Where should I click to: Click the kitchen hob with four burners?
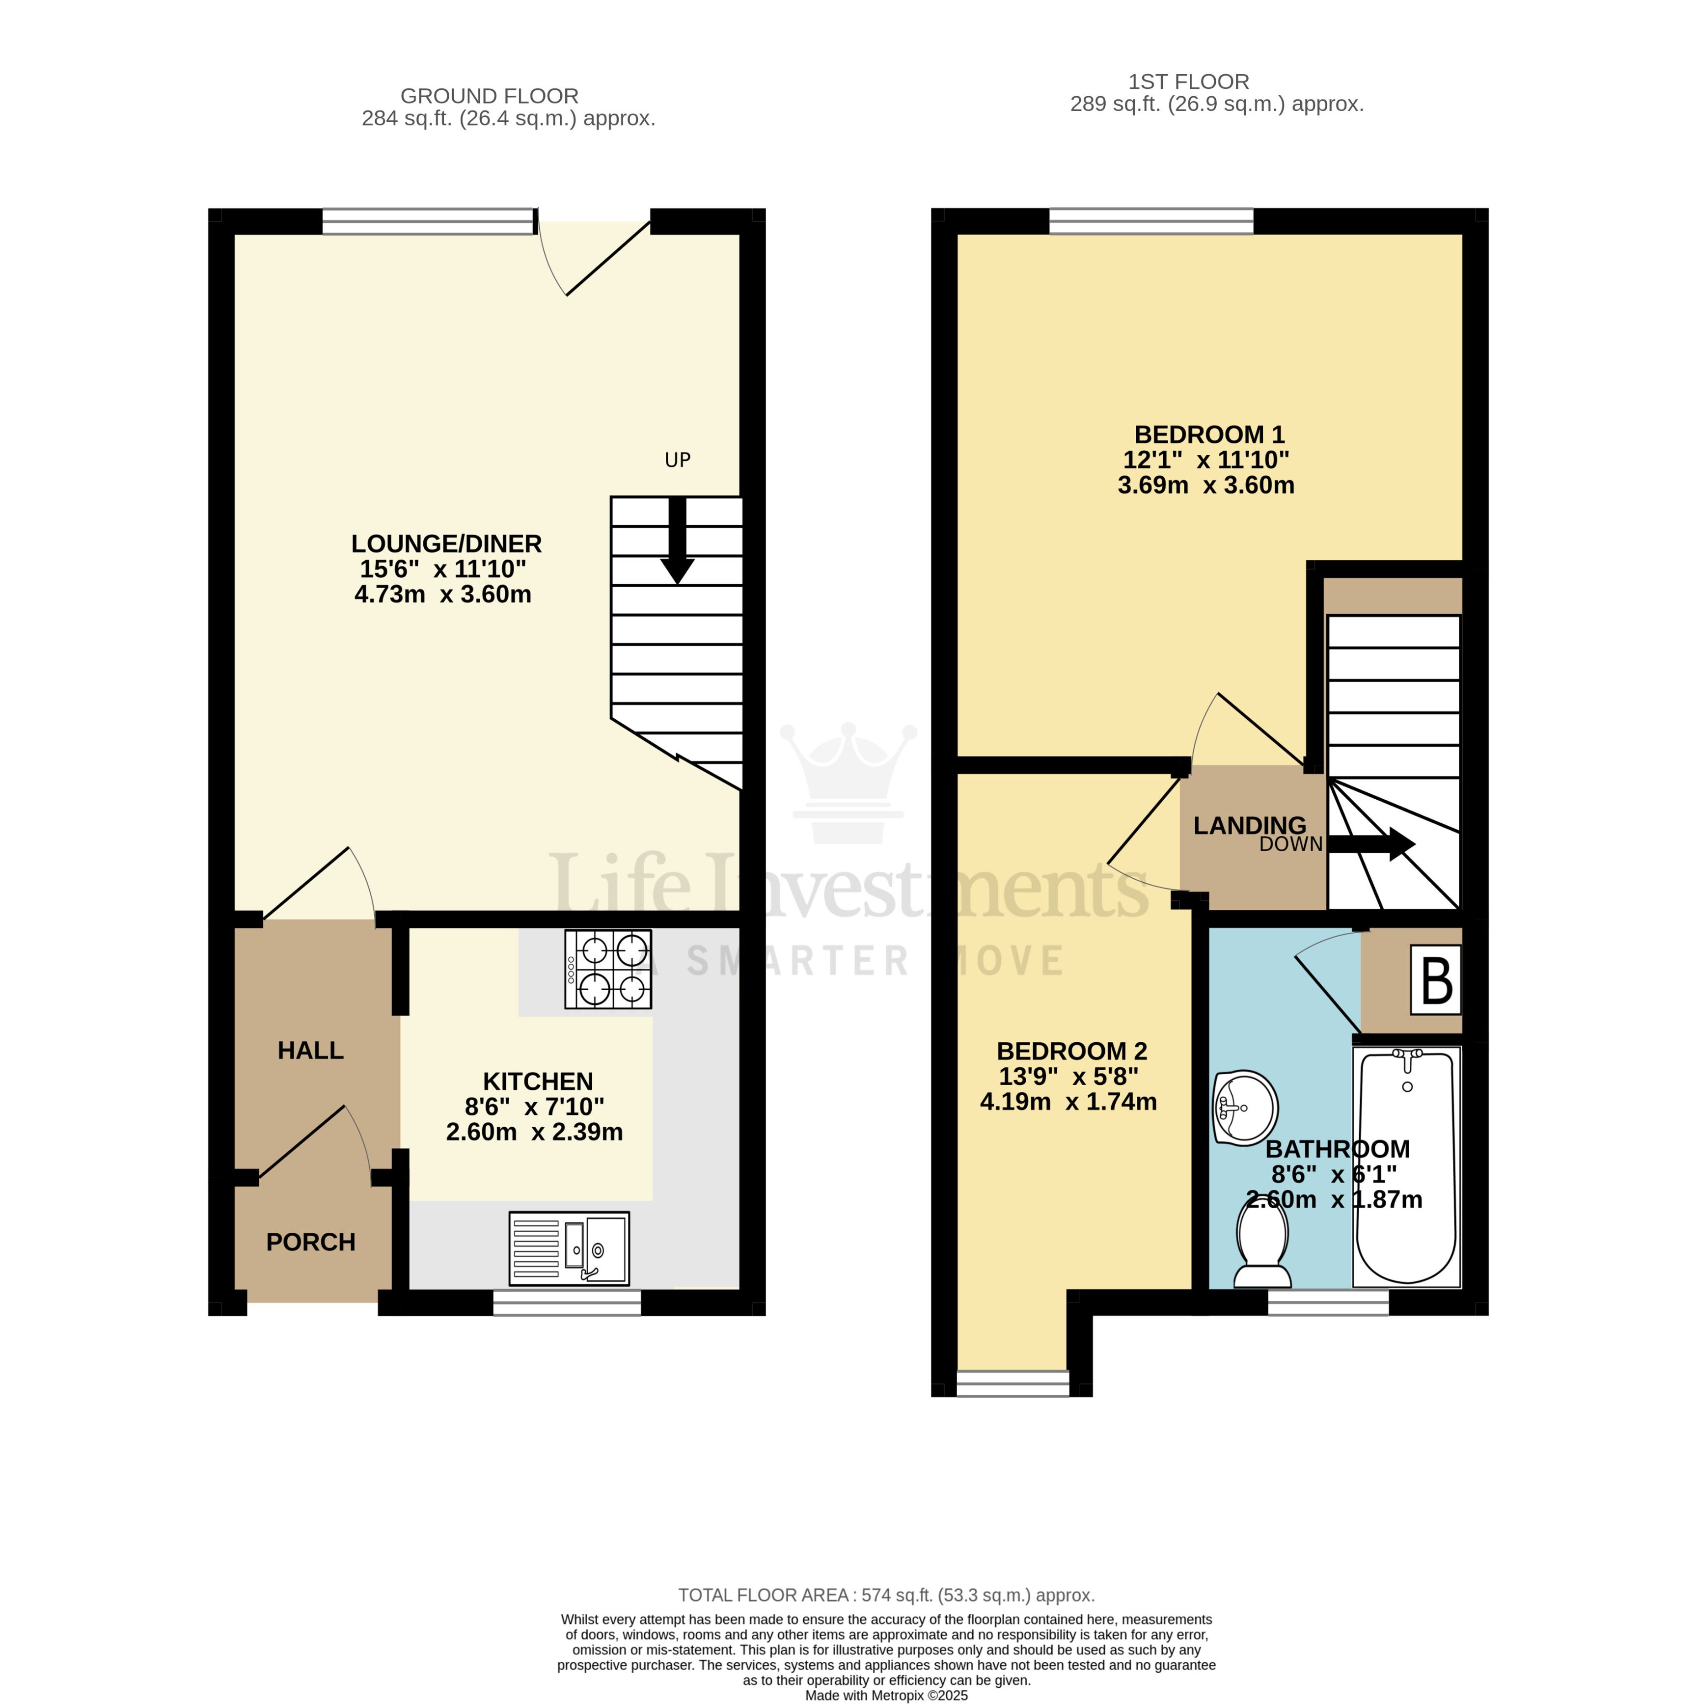[608, 969]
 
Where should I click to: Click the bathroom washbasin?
[1245, 1108]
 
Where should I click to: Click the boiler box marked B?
[1436, 980]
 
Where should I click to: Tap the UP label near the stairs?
[678, 460]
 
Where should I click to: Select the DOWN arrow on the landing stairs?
[1371, 844]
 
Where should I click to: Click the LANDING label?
[1249, 826]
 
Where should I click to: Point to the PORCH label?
[310, 1242]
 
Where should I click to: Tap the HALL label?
[310, 1051]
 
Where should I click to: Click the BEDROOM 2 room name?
[1071, 1052]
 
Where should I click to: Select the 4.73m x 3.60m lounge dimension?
[443, 595]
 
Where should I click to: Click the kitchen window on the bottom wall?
[566, 1302]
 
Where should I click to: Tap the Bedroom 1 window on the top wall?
[1151, 221]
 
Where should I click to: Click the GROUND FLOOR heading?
[490, 96]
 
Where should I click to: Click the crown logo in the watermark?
[848, 781]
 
